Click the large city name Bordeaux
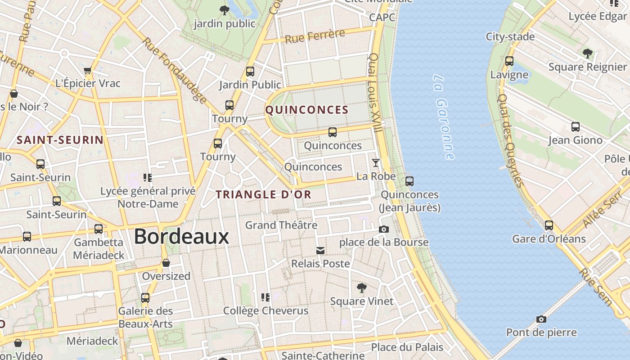(x=181, y=237)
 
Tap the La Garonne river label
(x=444, y=117)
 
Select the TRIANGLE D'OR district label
(x=263, y=195)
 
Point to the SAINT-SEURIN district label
(x=60, y=140)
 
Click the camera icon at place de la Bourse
(x=384, y=229)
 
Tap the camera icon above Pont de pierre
(x=541, y=319)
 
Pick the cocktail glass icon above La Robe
(x=376, y=163)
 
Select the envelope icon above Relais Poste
(x=320, y=250)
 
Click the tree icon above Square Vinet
(x=361, y=288)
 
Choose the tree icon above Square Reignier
(x=587, y=54)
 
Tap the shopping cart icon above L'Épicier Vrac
(x=88, y=70)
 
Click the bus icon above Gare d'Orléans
(x=549, y=225)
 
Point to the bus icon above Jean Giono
(x=576, y=127)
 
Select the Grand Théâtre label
(x=281, y=225)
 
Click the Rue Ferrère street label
(x=315, y=36)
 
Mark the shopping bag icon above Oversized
(x=166, y=263)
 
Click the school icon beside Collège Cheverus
(x=265, y=297)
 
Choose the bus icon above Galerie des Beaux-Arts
(x=145, y=298)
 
